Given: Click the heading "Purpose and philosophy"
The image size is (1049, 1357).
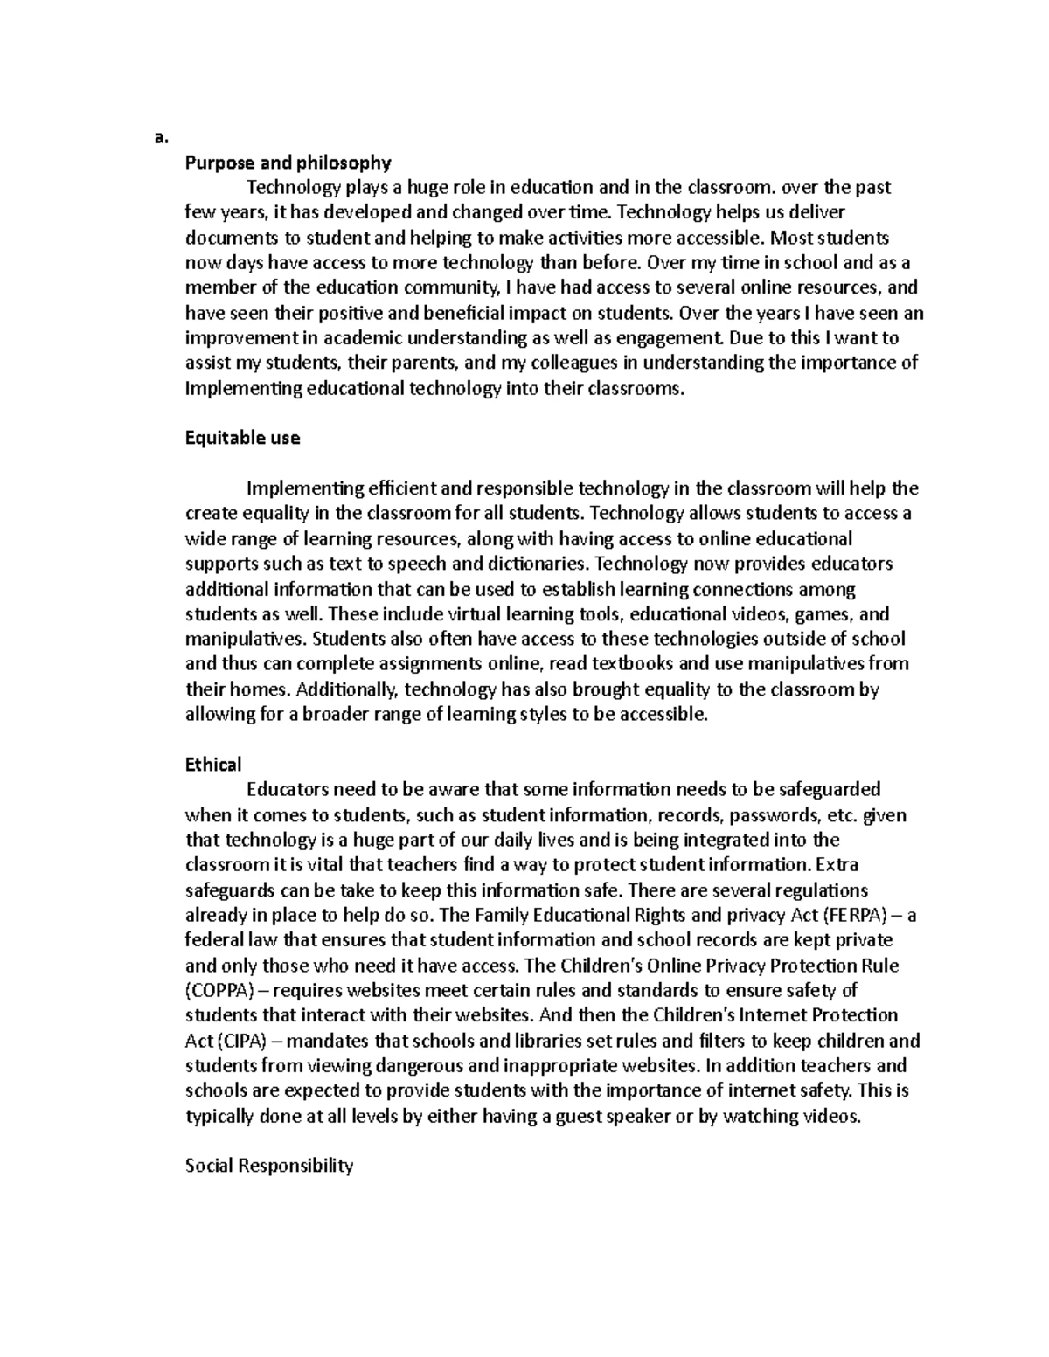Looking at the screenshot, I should point(288,163).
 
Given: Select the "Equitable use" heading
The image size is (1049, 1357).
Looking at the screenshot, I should point(242,438).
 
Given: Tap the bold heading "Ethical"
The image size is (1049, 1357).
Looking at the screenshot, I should point(212,765).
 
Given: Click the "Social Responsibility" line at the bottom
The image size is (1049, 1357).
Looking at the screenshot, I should point(269,1166).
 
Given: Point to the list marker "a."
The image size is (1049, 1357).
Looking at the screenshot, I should point(159,137).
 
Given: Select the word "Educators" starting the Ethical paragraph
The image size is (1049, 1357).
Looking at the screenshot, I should point(288,790).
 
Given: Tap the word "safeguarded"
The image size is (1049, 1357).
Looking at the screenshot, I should point(829,790).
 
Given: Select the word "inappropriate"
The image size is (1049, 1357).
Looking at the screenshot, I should point(558,1066).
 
